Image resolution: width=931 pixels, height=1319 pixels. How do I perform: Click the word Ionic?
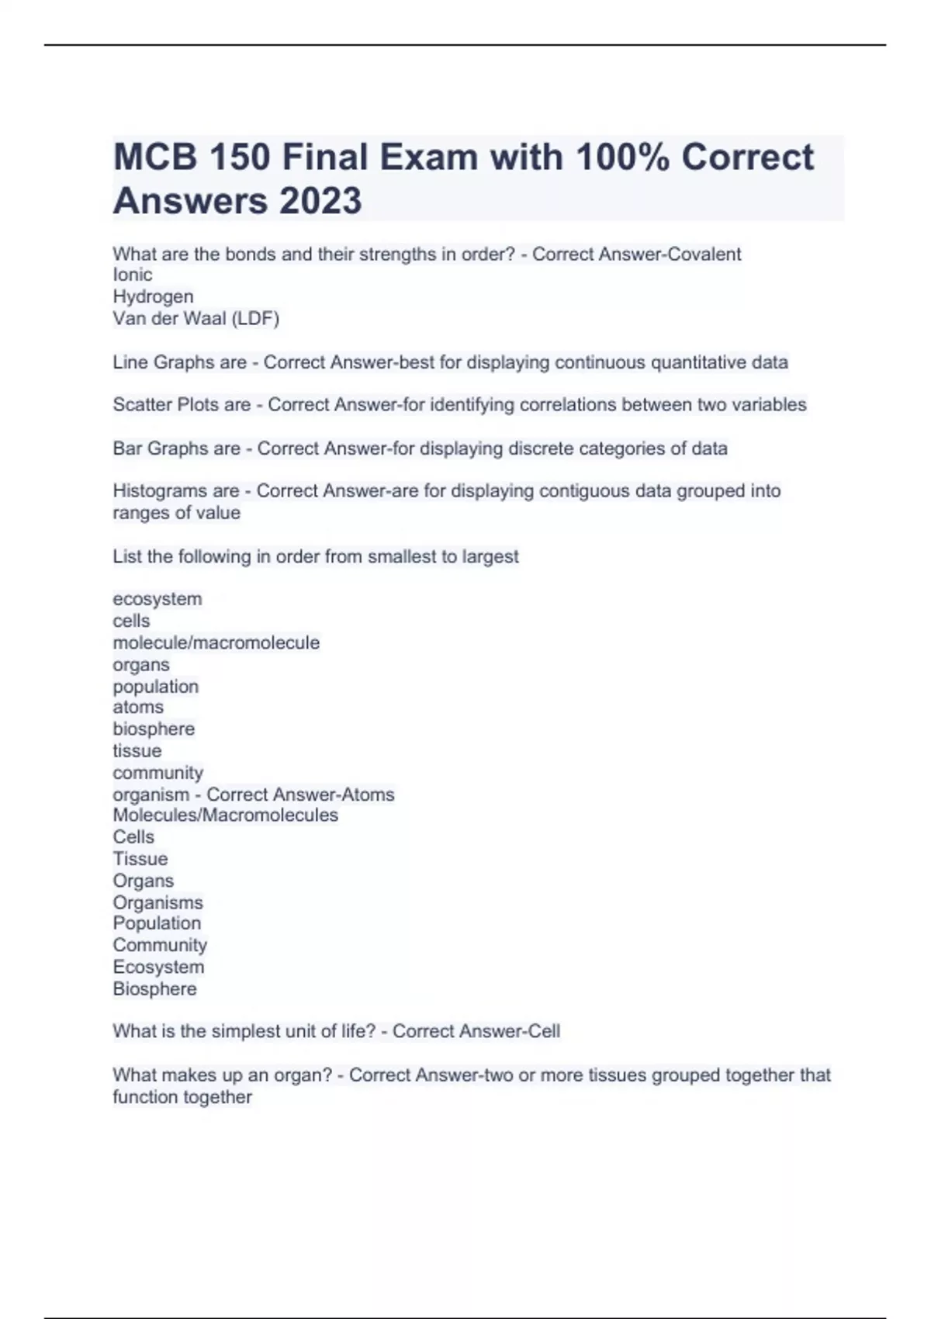(133, 275)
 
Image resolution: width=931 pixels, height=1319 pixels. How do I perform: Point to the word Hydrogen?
(153, 296)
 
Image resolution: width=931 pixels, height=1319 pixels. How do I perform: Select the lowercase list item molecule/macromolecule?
(216, 642)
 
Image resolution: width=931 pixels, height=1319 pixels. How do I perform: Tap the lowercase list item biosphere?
(154, 729)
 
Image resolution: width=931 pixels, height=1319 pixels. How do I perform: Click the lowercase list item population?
(155, 687)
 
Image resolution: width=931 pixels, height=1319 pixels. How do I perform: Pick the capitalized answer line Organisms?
(157, 902)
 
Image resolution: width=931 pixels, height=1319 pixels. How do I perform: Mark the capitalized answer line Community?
(160, 945)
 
